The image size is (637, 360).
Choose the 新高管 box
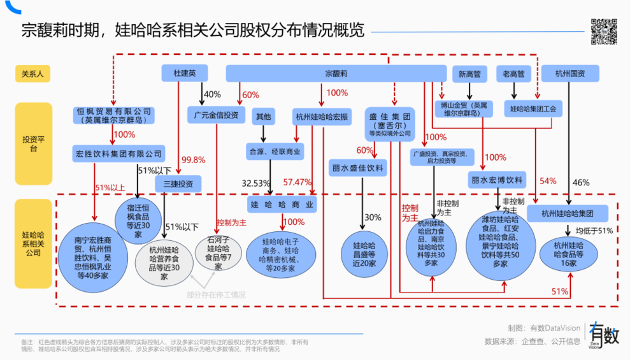(469, 74)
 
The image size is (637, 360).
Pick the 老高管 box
(513, 74)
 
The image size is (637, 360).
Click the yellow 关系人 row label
(33, 74)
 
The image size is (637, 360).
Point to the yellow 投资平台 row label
(33, 143)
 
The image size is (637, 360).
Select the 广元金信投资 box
(216, 115)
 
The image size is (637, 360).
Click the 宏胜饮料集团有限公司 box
(118, 153)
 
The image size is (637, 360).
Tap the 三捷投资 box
(178, 184)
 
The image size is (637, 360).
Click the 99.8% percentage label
(194, 160)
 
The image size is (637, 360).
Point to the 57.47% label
(297, 182)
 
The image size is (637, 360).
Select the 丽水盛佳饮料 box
(357, 168)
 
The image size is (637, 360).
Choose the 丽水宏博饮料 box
(496, 180)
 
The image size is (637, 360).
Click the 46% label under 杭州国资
(582, 183)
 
